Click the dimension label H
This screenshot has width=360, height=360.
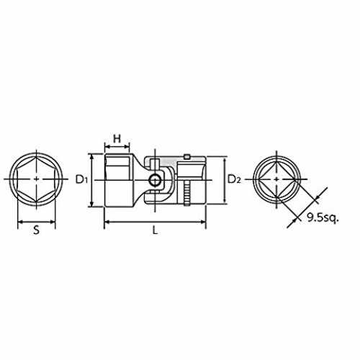point(117,139)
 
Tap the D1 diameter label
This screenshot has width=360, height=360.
point(81,179)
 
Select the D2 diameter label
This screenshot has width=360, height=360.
point(234,179)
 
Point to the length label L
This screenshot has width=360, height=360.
point(156,230)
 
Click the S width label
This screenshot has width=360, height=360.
point(36,230)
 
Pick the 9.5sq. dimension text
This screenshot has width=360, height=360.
point(323,218)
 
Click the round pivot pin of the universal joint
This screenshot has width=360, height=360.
point(154,181)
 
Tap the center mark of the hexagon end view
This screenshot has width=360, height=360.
point(36,179)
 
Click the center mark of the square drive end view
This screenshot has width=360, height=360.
point(276,179)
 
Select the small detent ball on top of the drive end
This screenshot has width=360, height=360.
point(186,157)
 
